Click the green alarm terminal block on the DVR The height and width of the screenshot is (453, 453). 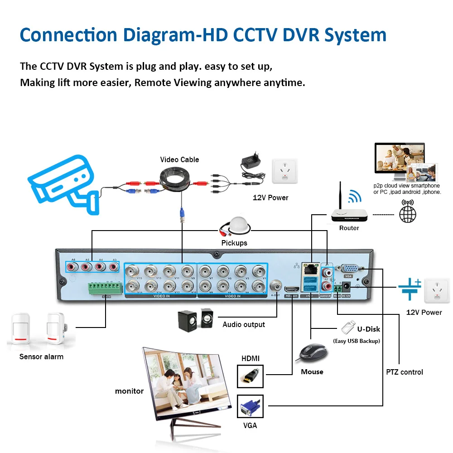[x=106, y=288]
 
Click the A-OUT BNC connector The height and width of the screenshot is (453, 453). [x=276, y=286]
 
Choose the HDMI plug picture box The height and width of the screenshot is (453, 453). [x=250, y=376]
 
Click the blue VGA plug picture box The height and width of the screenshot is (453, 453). [x=250, y=406]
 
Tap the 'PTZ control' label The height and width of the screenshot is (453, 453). [x=405, y=372]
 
